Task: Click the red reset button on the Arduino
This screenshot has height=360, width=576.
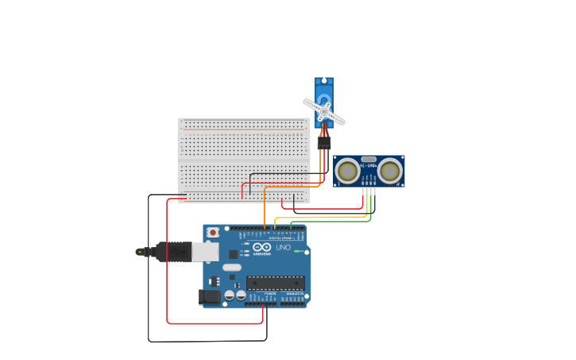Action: coord(213,232)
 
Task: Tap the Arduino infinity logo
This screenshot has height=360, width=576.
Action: coord(262,248)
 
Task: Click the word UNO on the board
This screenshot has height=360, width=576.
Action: coord(283,247)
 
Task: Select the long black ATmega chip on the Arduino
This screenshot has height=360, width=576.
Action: coord(275,282)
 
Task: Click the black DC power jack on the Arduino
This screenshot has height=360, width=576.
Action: coord(209,296)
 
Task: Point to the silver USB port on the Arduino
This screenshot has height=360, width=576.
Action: coord(205,252)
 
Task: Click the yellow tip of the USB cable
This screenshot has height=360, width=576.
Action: coord(140,252)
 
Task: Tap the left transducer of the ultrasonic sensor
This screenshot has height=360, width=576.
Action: coord(347,171)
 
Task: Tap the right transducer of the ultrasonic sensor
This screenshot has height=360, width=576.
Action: coord(389,171)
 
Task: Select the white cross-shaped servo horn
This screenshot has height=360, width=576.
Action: coord(324,112)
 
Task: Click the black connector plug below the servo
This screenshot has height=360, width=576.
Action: coord(324,143)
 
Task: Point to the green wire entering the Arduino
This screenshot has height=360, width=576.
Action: coord(291,225)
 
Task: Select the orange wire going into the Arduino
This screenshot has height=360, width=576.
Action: coord(265,223)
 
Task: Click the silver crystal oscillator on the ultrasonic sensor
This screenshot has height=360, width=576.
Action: coord(369,160)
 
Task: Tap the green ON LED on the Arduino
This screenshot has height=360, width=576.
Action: coord(296,251)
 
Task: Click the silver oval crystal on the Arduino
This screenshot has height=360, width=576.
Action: coord(231,267)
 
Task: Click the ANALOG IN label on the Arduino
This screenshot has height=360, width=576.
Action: coord(293,293)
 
